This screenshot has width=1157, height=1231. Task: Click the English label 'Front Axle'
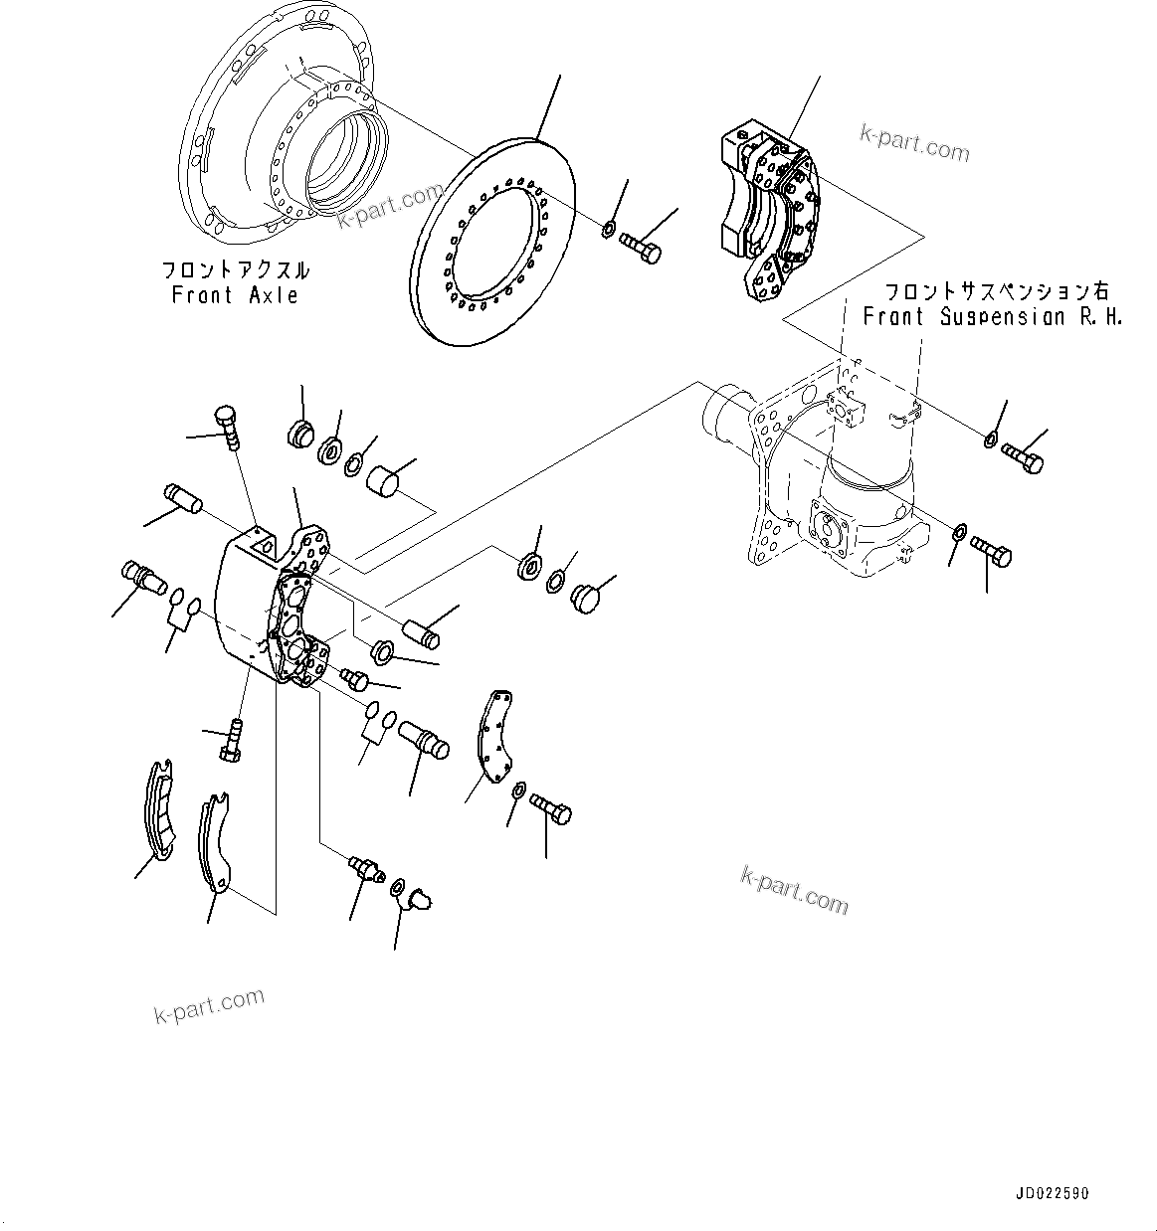(235, 295)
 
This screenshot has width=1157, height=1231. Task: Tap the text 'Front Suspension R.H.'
(992, 317)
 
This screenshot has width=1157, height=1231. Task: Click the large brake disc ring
(494, 244)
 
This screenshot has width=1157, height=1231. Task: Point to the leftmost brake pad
(158, 806)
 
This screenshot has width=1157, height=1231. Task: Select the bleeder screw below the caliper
(365, 869)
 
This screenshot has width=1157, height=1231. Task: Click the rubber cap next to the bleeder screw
(418, 900)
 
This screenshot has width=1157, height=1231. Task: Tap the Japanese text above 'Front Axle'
(236, 270)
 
